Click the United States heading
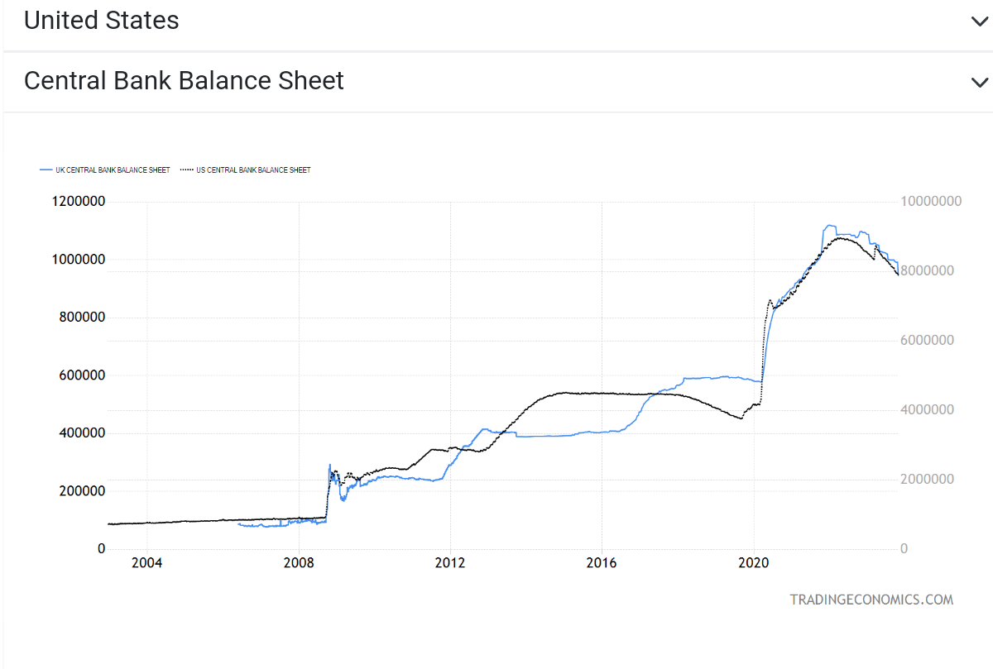(x=101, y=21)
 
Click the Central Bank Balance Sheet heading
(x=184, y=81)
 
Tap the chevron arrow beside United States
(x=980, y=22)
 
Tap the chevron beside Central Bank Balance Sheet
(x=980, y=83)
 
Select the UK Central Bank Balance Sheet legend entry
(x=104, y=170)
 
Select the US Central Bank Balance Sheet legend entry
(x=245, y=170)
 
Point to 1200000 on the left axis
(x=79, y=201)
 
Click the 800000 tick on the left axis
(x=82, y=318)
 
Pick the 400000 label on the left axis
(x=82, y=432)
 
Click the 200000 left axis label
(x=82, y=491)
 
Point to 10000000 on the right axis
(x=931, y=201)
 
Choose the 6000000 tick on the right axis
(x=927, y=340)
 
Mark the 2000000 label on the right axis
(x=927, y=479)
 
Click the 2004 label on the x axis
(x=146, y=562)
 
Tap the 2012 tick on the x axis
(x=450, y=562)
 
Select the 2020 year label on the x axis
(x=753, y=562)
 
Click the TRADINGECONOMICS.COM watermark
(x=871, y=600)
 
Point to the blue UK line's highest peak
(x=829, y=226)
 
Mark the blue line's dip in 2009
(x=343, y=499)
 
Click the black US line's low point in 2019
(x=741, y=418)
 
